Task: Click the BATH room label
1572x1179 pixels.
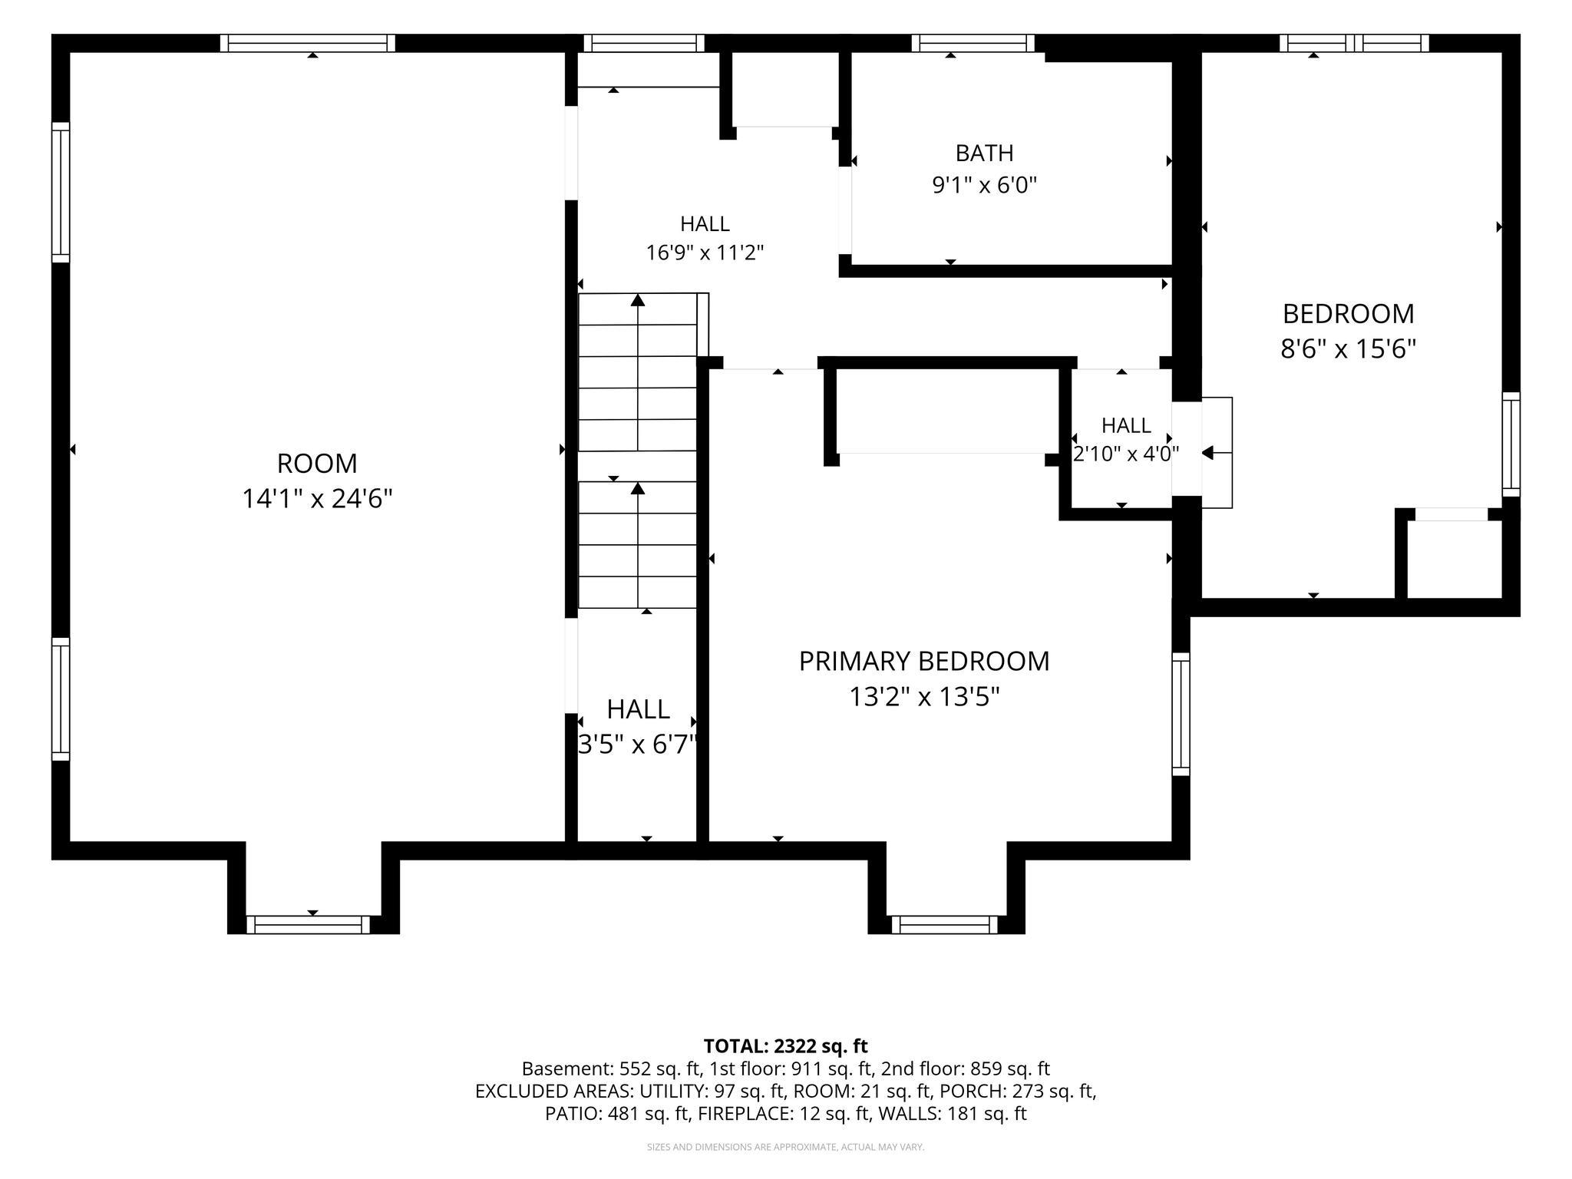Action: pos(984,154)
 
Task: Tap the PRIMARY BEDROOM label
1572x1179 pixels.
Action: pos(924,661)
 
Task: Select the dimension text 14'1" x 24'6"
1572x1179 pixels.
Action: pos(317,499)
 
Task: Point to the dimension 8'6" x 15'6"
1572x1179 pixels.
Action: pos(1348,349)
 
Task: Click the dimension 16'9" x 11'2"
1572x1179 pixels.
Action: pos(705,253)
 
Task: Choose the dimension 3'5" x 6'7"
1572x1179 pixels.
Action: pos(637,744)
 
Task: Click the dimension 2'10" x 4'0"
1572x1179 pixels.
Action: pos(1126,454)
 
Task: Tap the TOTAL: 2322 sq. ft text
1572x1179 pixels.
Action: pos(785,1045)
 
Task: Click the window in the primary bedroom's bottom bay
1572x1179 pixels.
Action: pos(945,925)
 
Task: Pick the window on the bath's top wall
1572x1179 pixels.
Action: pos(973,43)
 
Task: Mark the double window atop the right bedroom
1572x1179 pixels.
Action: pos(1354,43)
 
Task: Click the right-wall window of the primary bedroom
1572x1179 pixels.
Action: pos(1181,714)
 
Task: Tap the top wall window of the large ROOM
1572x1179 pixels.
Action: pos(308,43)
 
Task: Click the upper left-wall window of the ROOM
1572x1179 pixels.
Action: pos(61,192)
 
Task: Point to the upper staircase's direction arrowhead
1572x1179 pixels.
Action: pos(638,300)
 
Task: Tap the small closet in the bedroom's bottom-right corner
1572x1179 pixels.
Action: pos(1454,559)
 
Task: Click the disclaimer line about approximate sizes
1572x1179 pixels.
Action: pos(785,1147)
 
